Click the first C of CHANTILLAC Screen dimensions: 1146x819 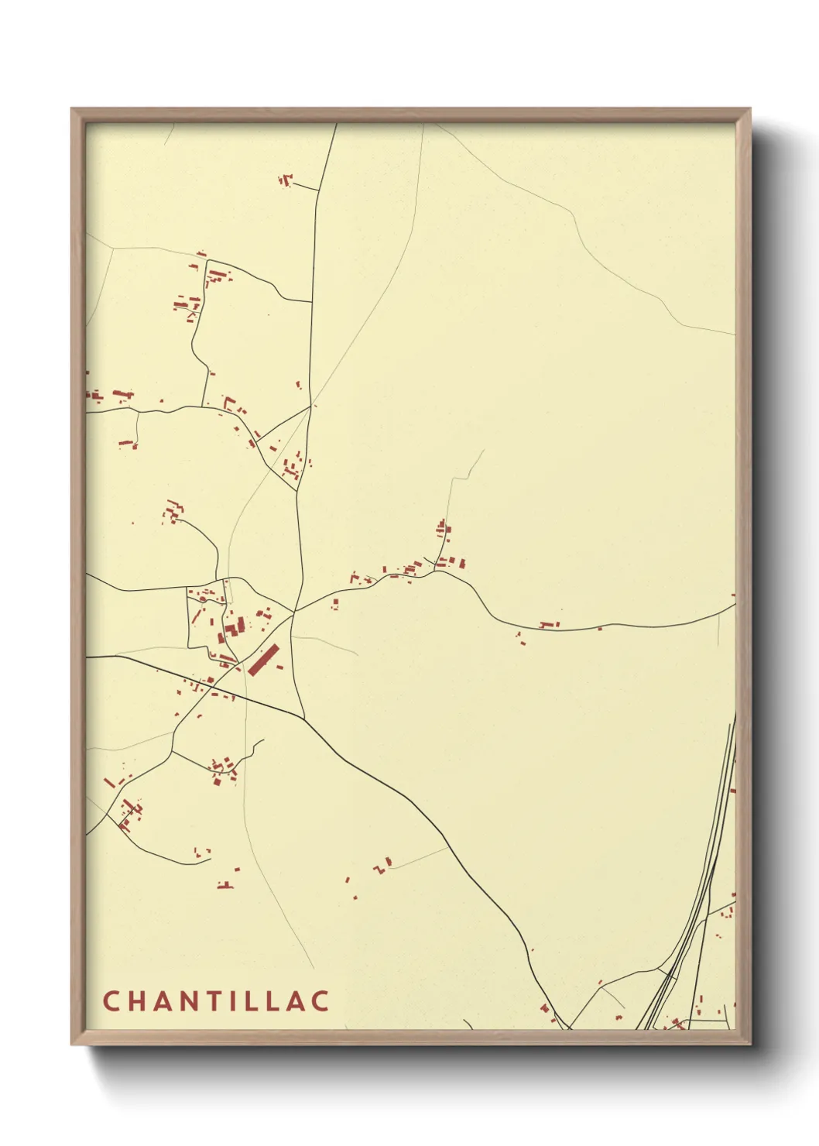(x=110, y=1000)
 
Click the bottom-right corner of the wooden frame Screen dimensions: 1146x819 (x=749, y=1043)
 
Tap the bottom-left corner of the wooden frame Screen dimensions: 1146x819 (x=73, y=1043)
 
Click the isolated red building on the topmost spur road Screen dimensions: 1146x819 (x=286, y=181)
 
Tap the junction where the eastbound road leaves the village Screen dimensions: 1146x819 (x=293, y=612)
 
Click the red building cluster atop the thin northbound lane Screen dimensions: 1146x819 (x=443, y=530)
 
